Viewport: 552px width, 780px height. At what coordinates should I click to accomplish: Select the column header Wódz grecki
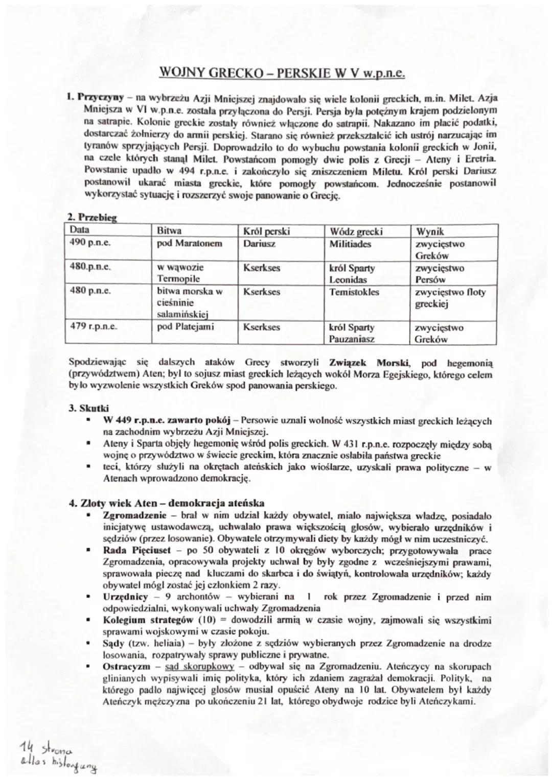[356, 231]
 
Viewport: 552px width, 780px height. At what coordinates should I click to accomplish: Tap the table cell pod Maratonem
[189, 243]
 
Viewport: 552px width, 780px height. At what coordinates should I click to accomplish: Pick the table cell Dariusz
[259, 244]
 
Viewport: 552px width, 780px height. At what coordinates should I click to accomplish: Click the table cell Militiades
[350, 244]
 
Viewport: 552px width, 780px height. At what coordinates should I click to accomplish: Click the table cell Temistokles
[354, 292]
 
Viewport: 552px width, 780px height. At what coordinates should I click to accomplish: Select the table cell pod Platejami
[186, 326]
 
